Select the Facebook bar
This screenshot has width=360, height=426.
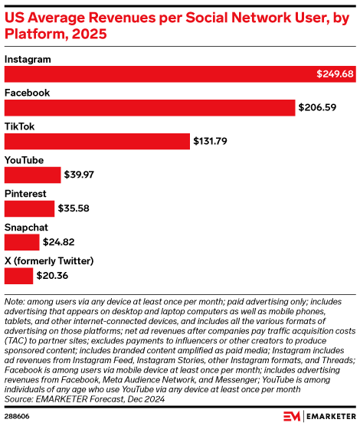(x=150, y=107)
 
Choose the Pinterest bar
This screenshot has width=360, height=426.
(x=30, y=208)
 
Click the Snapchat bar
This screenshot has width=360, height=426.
(x=22, y=242)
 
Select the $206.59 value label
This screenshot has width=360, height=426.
(x=317, y=108)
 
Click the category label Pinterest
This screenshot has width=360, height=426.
(x=25, y=194)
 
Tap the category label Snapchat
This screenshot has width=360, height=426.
(x=26, y=228)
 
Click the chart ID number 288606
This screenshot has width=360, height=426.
(x=18, y=415)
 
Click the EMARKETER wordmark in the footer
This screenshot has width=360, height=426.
(x=329, y=415)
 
